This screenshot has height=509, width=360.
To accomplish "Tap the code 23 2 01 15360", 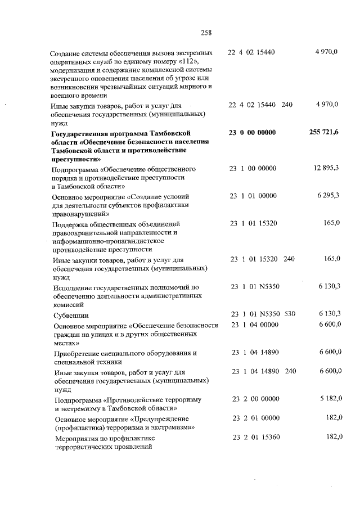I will [255, 437].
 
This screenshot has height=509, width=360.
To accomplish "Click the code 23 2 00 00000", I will [255, 399].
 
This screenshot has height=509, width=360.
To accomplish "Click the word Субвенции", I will [71, 316].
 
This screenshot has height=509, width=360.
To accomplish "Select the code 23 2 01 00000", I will [255, 417].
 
